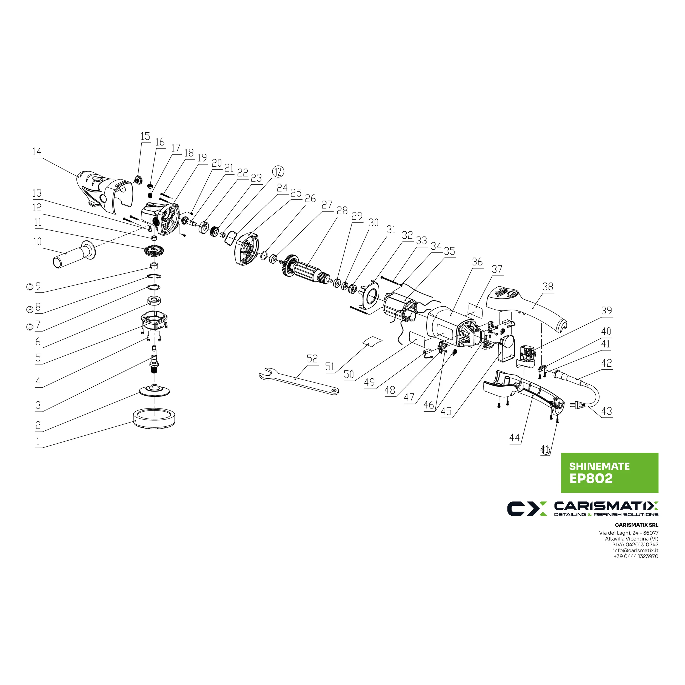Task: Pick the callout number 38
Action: pos(548,287)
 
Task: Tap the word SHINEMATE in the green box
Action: pos(599,466)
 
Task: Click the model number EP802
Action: pos(591,479)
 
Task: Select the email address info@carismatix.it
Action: pos(636,551)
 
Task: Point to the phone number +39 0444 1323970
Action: pos(636,556)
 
